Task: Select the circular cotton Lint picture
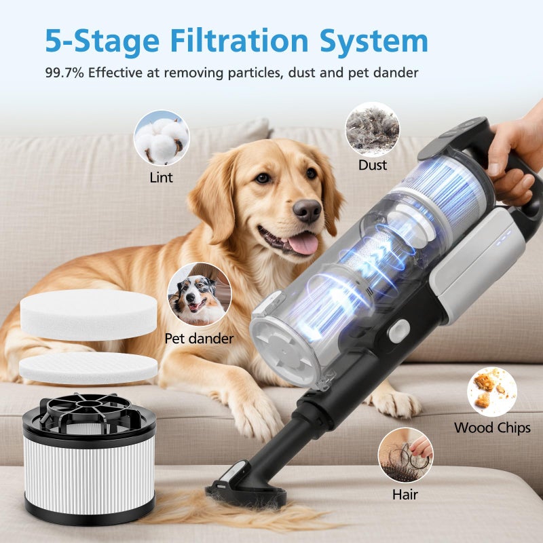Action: (162, 138)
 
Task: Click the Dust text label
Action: (372, 165)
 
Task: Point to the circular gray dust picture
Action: (372, 129)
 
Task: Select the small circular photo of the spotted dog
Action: (199, 294)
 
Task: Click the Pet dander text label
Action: (199, 338)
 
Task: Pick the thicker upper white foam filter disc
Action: (88, 314)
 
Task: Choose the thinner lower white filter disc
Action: (88, 367)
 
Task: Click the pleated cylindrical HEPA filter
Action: (90, 468)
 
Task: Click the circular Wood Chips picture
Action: (491, 392)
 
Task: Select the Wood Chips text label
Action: (492, 428)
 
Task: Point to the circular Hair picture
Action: (405, 455)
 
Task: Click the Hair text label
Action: (405, 494)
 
